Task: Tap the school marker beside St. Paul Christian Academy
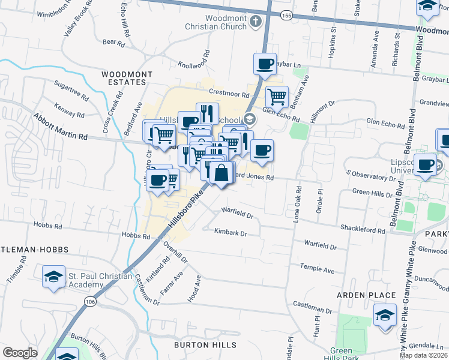tap(53, 277)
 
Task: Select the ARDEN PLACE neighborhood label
tap(366, 295)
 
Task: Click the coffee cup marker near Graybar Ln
tap(265, 63)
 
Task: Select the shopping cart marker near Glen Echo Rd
tap(277, 95)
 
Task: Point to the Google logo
tap(20, 353)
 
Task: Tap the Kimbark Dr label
tap(231, 235)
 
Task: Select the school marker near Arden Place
tap(385, 314)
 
